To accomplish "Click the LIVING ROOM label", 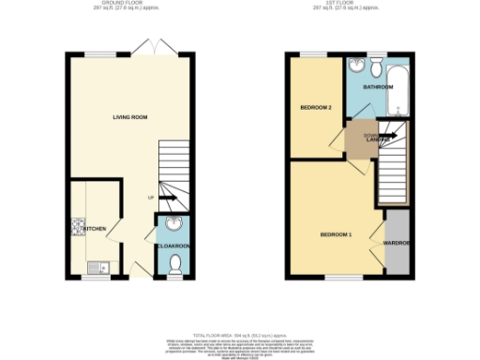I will click(130, 116).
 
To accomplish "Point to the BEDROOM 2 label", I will click(316, 108).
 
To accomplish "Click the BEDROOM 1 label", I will click(336, 233).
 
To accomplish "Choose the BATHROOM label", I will click(379, 86).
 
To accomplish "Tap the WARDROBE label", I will click(397, 243).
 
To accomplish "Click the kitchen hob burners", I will click(75, 226).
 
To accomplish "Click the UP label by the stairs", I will click(150, 198).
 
